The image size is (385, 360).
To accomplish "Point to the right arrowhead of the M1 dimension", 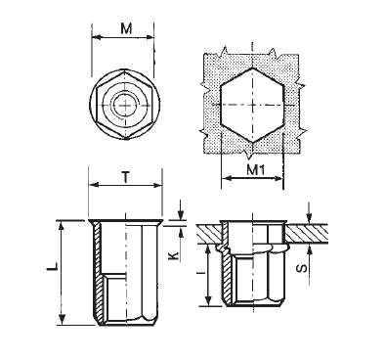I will [x=284, y=180].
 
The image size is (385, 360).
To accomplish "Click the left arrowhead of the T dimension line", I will [x=90, y=188].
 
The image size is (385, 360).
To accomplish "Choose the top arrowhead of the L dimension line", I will [x=63, y=224].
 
